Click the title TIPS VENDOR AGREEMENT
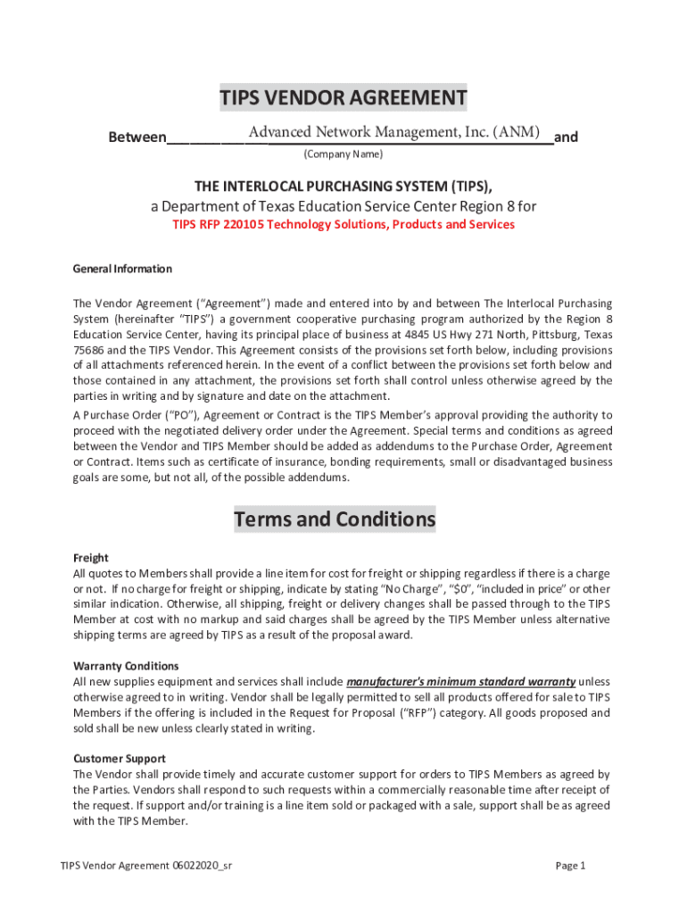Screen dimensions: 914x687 [x=343, y=97]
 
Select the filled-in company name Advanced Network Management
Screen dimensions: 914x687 [x=394, y=132]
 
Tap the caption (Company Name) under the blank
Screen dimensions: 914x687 [x=343, y=154]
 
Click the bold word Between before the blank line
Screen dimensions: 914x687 [x=137, y=137]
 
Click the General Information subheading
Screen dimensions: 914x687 [x=122, y=269]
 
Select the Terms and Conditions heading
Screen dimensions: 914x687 [x=335, y=519]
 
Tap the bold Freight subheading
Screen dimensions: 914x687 [x=90, y=557]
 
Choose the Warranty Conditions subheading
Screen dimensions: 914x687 [x=126, y=666]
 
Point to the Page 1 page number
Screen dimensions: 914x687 [x=570, y=865]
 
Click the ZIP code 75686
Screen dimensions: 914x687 [x=89, y=351]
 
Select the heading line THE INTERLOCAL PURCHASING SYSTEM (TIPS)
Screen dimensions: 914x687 [x=343, y=186]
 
